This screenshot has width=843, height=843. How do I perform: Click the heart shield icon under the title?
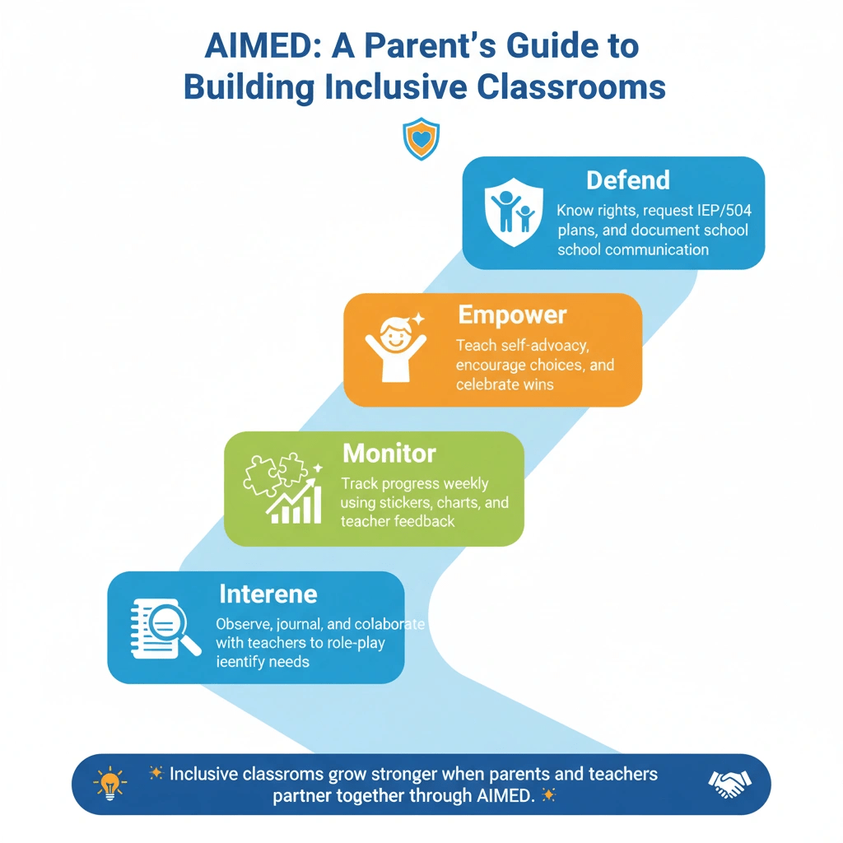tap(421, 139)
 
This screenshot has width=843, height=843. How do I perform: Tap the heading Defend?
tap(627, 180)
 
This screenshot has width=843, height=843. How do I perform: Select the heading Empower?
tap(512, 315)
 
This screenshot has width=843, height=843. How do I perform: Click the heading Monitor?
tap(389, 453)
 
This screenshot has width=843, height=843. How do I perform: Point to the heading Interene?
tap(268, 594)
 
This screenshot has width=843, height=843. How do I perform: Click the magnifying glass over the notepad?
tap(165, 628)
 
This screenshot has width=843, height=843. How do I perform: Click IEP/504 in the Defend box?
tap(718, 211)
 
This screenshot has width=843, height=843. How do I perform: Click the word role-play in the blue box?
tap(358, 642)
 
